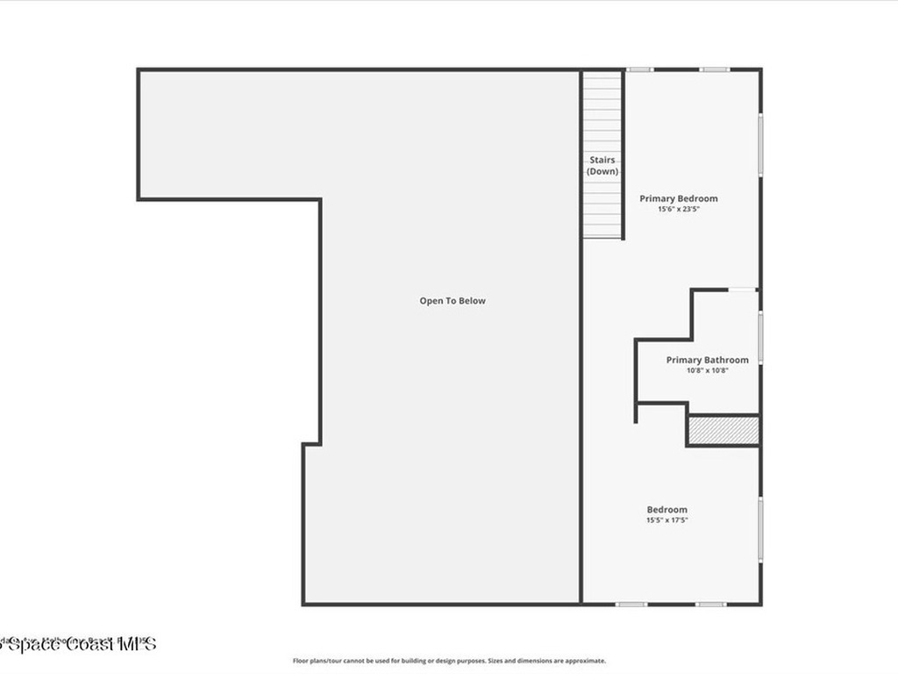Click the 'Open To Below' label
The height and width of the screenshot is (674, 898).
[452, 301]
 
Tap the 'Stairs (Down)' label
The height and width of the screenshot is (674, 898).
[602, 166]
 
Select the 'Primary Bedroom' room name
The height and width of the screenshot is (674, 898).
[678, 198]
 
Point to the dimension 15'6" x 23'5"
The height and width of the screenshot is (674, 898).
[678, 209]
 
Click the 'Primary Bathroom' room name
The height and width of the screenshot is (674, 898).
[707, 360]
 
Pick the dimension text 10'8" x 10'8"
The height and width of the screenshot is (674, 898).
[707, 370]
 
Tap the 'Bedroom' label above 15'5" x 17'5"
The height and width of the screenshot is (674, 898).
[666, 510]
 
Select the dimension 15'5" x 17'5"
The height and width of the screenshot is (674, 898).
[666, 520]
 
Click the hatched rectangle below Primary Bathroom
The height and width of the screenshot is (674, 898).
[722, 430]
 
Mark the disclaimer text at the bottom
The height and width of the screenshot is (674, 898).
[449, 661]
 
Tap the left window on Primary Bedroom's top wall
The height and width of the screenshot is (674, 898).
[639, 69]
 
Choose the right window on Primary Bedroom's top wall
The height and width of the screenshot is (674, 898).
[715, 69]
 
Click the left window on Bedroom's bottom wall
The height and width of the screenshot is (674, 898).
[631, 604]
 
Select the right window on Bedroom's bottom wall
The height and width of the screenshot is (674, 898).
[710, 604]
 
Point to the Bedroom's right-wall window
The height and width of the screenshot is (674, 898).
[759, 531]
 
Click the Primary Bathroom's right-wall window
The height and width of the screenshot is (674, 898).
[759, 337]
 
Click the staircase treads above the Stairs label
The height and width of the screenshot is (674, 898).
[602, 114]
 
